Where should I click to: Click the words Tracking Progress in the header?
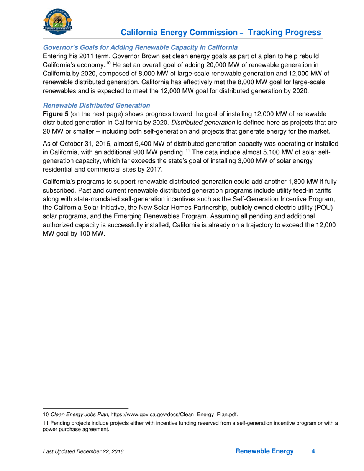(x=285, y=33)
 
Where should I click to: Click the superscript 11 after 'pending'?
(x=192, y=150)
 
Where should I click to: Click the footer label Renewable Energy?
(x=264, y=452)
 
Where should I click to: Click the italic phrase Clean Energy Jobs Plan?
(x=79, y=414)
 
